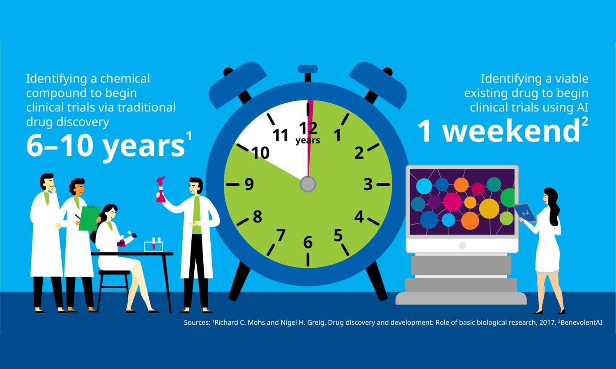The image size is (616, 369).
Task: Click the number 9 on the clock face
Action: tap(249, 184)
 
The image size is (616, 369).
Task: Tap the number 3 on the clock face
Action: tap(368, 184)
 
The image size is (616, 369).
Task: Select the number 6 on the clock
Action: tap(308, 242)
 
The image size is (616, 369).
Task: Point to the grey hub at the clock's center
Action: tap(308, 184)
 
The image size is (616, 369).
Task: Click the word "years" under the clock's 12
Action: tap(308, 140)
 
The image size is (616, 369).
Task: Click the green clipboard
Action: tap(89, 218)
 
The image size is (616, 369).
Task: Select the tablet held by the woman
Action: tap(525, 212)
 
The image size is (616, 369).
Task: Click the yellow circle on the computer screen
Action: tap(489, 209)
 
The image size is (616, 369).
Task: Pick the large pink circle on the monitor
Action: tap(453, 202)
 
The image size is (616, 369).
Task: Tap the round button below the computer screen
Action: tap(462, 245)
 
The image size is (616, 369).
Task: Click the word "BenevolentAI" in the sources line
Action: tap(581, 322)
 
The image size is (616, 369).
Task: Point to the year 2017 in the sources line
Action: tap(548, 322)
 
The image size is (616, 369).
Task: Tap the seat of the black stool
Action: tap(114, 273)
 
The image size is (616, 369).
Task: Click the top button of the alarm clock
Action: tap(308, 69)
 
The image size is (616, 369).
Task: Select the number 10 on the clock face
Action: tap(260, 153)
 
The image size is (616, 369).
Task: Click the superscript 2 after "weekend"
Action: tap(585, 122)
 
